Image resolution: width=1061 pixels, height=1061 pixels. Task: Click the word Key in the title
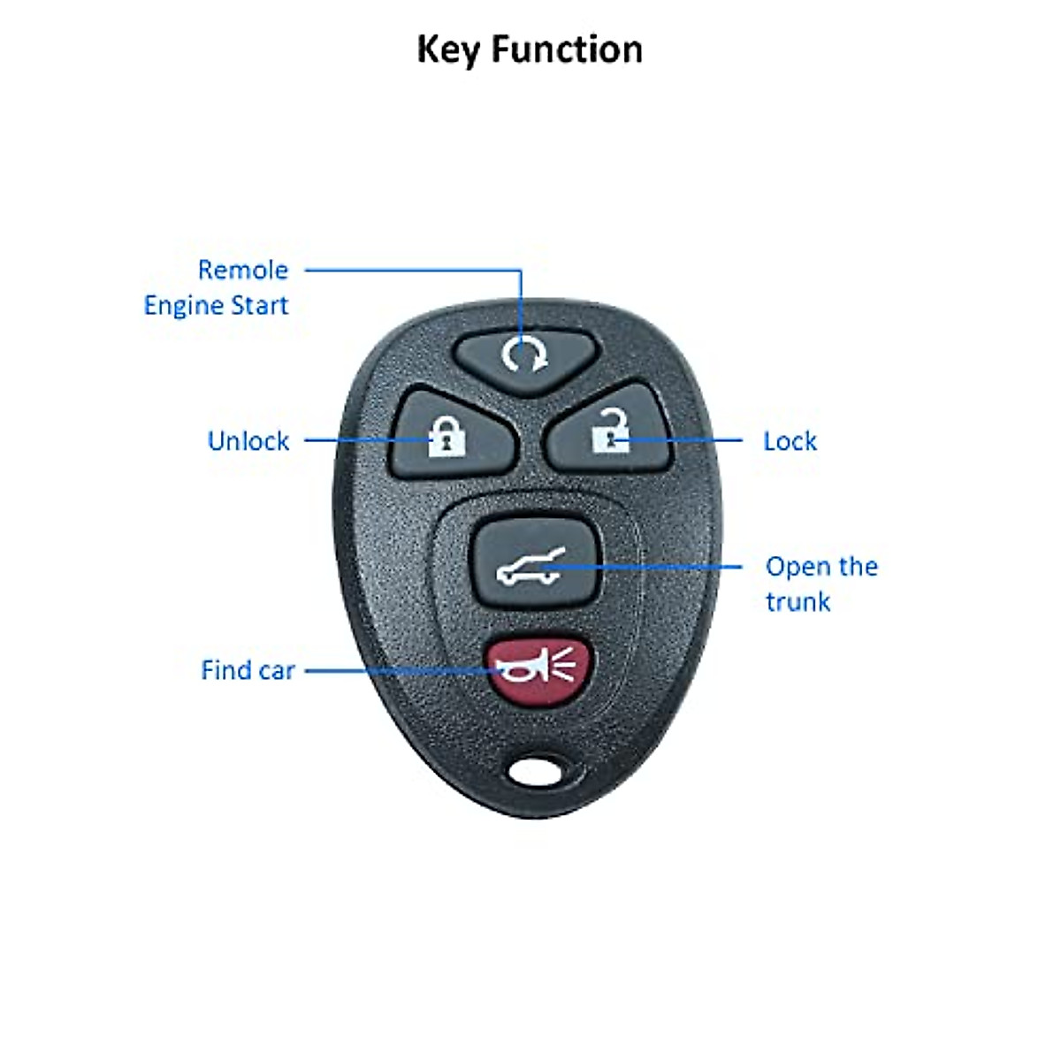[x=449, y=50]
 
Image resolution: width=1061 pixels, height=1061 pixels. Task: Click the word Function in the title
[x=567, y=50]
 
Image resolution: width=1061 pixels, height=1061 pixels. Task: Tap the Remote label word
[x=243, y=270]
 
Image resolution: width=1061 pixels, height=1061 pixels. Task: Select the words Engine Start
[x=217, y=306]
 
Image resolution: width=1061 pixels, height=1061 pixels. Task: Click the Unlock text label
[x=248, y=441]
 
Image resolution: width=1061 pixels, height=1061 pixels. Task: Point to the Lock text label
[x=790, y=441]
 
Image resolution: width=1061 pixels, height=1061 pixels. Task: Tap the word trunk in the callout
[x=798, y=602]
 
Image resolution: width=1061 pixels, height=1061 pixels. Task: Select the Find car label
[x=248, y=670]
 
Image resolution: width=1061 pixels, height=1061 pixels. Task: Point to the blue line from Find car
[x=398, y=670]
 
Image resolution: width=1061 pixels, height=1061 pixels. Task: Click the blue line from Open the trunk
[x=672, y=567]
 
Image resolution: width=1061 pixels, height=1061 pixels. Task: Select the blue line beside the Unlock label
[x=354, y=439]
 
